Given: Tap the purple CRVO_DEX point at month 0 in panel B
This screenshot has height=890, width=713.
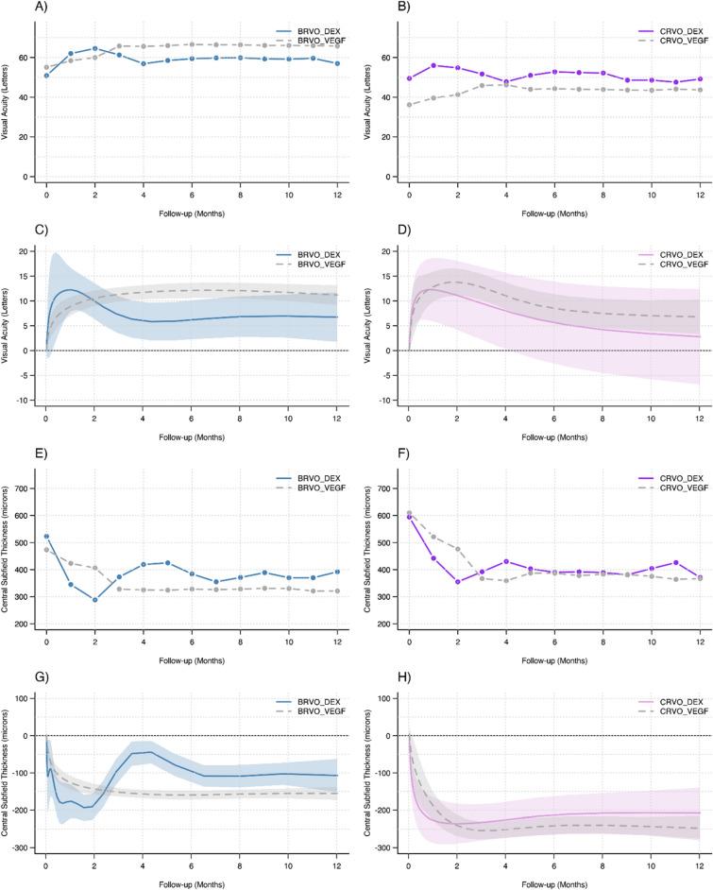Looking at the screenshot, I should pyautogui.click(x=409, y=78).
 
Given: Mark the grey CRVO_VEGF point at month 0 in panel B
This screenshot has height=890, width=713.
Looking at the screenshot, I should pyautogui.click(x=409, y=105).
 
